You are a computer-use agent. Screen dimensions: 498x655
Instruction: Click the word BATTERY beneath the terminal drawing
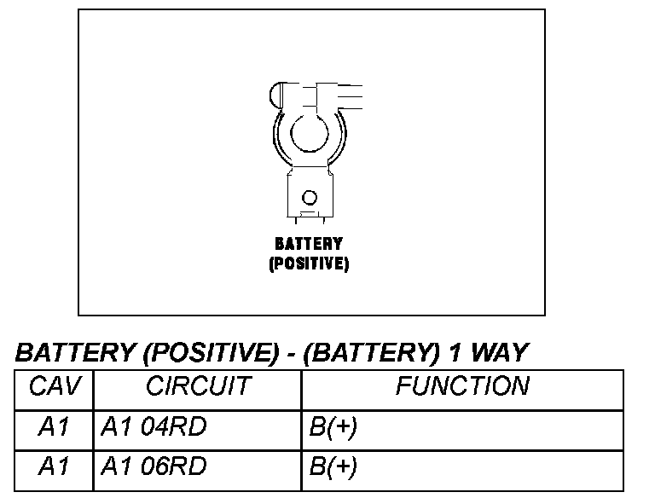click(309, 245)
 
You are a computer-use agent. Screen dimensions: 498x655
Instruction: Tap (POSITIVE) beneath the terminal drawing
click(309, 263)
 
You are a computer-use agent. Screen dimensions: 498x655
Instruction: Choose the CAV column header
click(54, 386)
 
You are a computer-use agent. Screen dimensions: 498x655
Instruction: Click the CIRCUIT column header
click(198, 386)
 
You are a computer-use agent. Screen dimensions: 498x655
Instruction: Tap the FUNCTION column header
click(461, 386)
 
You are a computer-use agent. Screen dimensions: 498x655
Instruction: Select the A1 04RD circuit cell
click(154, 427)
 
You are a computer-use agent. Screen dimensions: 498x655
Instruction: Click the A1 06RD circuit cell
click(154, 466)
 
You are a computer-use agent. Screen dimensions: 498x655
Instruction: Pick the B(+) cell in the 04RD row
click(333, 427)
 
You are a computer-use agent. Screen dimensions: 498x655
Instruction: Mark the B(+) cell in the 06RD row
click(333, 466)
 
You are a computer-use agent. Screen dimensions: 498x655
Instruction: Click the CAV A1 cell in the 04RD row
click(54, 427)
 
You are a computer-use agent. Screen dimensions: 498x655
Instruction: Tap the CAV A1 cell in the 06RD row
click(54, 466)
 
